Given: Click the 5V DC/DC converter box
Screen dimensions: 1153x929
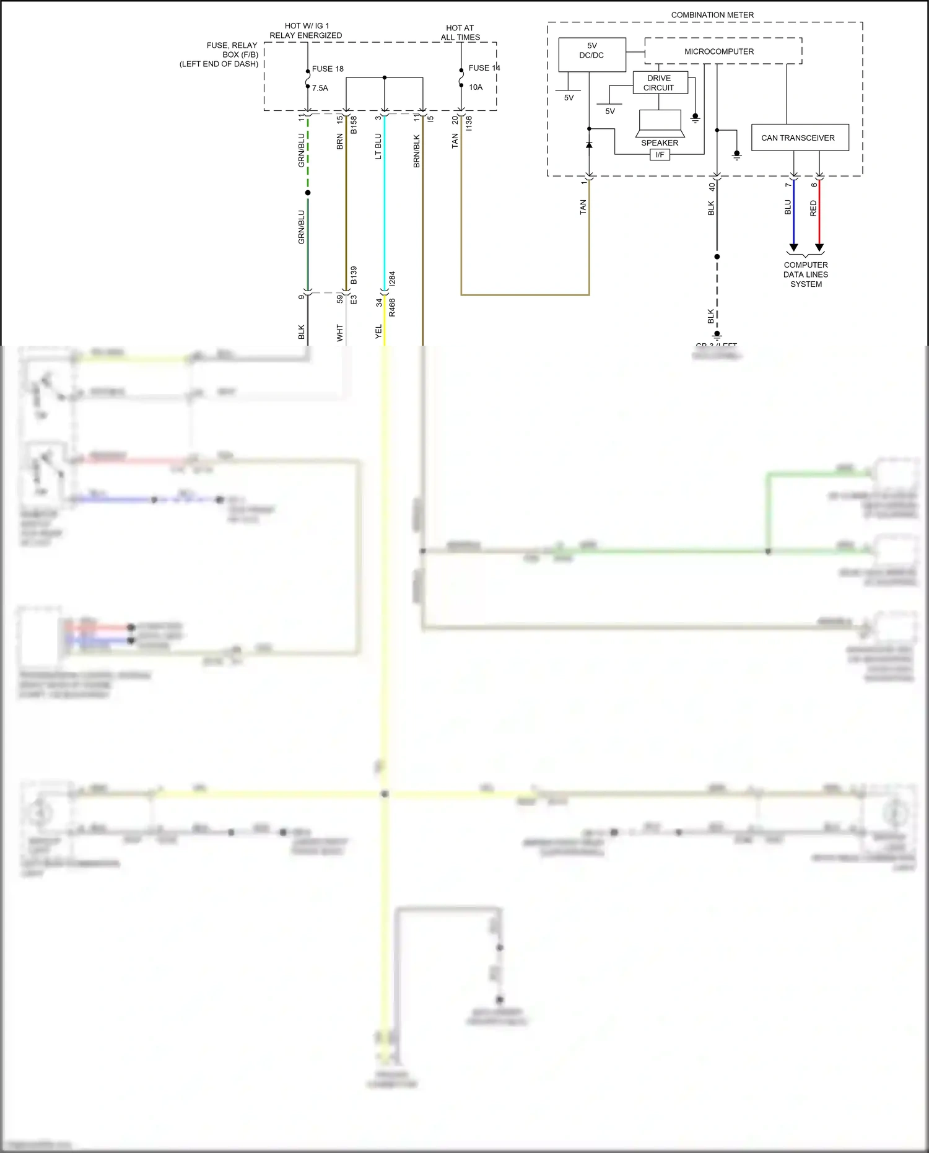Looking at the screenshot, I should pos(591,55).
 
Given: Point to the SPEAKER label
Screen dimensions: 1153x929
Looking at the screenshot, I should pos(660,142).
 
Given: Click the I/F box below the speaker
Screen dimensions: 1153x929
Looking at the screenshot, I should pos(660,155).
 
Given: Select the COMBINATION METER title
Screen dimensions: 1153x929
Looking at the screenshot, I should pos(712,15).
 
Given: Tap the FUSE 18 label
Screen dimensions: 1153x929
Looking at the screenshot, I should pos(328,69).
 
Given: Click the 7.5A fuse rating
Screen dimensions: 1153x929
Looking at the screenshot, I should pos(320,88).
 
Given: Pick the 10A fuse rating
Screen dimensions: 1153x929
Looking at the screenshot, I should pos(476,87).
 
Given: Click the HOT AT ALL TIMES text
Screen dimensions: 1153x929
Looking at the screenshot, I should pos(460,33).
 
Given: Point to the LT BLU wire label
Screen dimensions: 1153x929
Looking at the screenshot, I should pos(378,146).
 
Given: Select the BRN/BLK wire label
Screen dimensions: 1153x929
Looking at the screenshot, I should pos(417,151).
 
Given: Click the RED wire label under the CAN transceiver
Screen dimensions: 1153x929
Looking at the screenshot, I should pos(813,208).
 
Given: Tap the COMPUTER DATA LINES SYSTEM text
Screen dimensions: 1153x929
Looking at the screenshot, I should pos(806,274).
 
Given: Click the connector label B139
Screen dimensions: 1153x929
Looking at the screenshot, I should pos(354,275).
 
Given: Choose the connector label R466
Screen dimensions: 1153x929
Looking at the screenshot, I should pos(392,307).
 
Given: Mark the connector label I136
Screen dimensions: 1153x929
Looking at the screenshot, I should pos(469,123).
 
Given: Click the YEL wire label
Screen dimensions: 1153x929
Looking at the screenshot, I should pos(378,331).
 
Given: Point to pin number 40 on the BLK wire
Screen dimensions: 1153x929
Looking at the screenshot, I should pos(712,186).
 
